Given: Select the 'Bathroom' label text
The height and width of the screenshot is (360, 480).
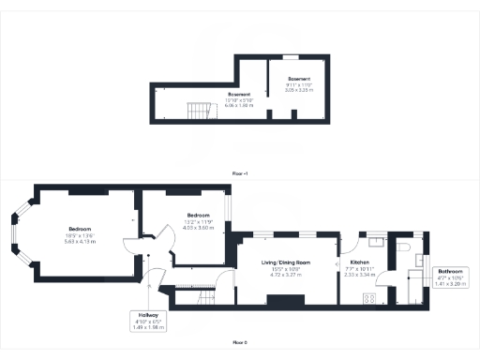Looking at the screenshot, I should (451, 271).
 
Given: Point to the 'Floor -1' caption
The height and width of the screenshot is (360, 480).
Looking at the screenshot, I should (241, 173).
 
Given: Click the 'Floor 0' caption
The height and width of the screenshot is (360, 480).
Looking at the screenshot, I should (241, 345).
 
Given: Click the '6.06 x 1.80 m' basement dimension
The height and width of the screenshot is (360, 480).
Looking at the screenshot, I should (238, 104).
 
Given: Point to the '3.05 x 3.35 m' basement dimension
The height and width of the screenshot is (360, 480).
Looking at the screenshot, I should (299, 89).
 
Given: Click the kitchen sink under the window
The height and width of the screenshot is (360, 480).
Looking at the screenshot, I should (372, 240).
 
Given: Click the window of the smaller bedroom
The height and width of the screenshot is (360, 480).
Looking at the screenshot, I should (229, 206).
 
